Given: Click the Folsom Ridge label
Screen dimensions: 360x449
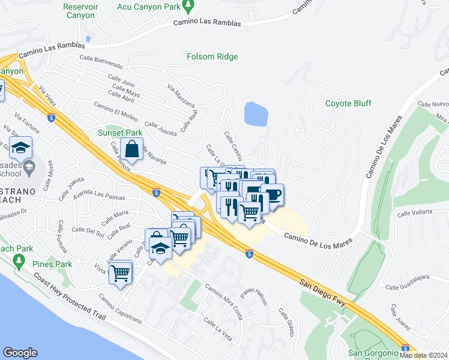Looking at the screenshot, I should click(x=212, y=57).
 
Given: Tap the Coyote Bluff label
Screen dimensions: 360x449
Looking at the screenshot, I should click(x=348, y=103).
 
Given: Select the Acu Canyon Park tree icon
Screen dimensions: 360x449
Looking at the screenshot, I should click(x=188, y=6).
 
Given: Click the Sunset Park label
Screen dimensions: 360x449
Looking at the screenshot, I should click(x=120, y=133).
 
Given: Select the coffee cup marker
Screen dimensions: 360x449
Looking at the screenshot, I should click(x=272, y=195).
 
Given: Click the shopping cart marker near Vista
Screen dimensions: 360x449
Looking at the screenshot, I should click(x=121, y=273).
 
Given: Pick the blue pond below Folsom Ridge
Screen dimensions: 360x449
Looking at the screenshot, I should click(x=256, y=113).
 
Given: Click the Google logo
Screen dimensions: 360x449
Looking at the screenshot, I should click(x=20, y=353).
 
